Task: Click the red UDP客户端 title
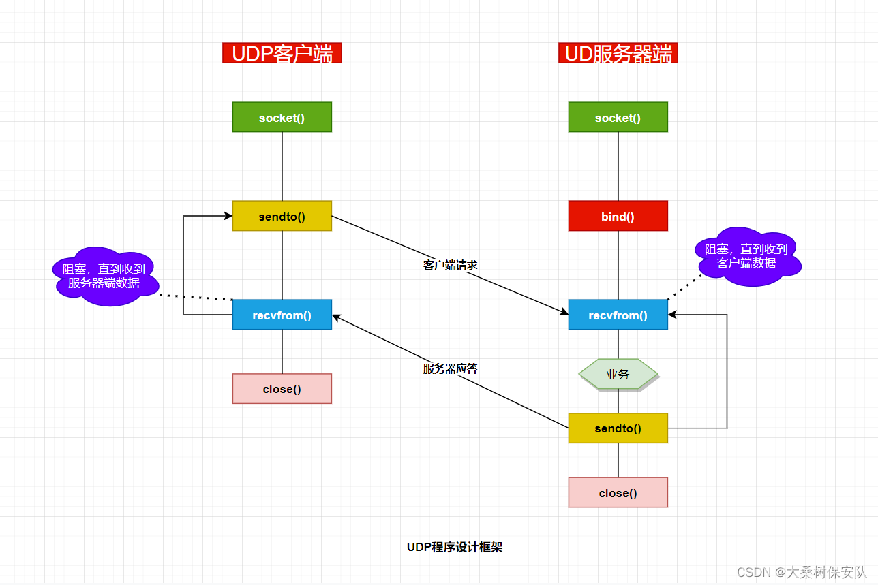(282, 54)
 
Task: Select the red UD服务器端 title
(618, 54)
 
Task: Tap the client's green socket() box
(282, 117)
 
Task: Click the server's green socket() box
(618, 117)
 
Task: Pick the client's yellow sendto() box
(282, 216)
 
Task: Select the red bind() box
(618, 216)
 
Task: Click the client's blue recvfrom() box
(282, 315)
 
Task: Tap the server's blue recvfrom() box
(618, 315)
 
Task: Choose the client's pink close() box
(282, 388)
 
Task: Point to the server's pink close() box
(618, 492)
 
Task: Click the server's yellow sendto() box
(618, 428)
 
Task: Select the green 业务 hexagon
(618, 374)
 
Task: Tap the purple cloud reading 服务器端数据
(104, 276)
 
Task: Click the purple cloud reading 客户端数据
(746, 256)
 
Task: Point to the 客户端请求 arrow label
(450, 265)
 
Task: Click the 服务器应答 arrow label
(450, 368)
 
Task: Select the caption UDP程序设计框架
(454, 547)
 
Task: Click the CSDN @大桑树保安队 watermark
(802, 572)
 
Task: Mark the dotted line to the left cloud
(196, 297)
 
